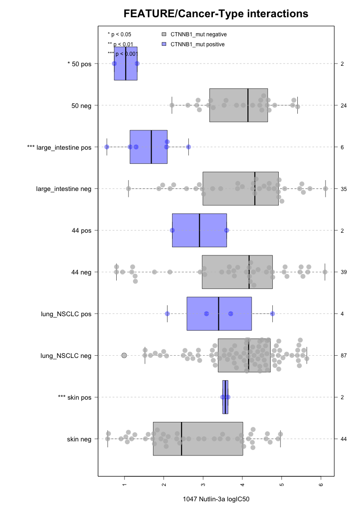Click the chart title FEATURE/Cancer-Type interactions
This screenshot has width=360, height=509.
[216, 14]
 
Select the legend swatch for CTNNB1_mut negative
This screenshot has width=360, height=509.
[164, 34]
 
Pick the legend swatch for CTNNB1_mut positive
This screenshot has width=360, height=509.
[164, 44]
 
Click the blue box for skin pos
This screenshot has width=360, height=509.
[225, 397]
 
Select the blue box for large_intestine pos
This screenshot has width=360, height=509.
[142, 147]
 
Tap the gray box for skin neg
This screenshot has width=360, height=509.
[198, 439]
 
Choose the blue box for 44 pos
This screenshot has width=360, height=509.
[199, 230]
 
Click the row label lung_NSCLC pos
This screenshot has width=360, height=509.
[66, 314]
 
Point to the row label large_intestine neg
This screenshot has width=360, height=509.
[64, 189]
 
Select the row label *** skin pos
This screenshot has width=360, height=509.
[75, 397]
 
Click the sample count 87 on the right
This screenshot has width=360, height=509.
[344, 356]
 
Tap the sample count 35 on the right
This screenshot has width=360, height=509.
[344, 189]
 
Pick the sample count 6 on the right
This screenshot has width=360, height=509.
[342, 147]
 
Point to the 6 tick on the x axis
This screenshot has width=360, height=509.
[321, 484]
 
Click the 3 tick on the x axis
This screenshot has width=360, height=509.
[203, 484]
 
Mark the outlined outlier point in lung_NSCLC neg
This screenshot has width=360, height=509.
[124, 355]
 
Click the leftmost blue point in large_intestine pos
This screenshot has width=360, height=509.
[107, 147]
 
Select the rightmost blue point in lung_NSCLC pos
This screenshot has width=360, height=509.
[272, 313]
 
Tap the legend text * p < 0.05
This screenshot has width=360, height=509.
[119, 34]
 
